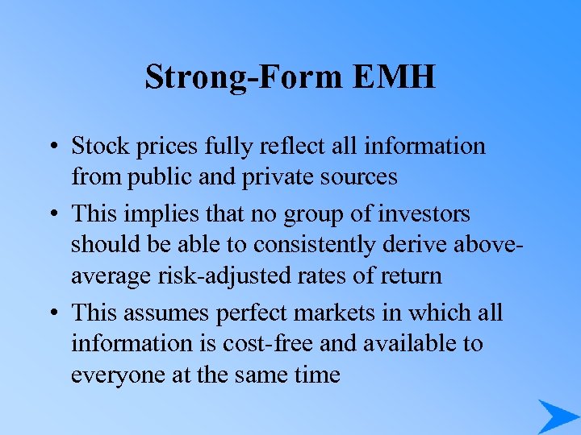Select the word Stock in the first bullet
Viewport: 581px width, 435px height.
98,146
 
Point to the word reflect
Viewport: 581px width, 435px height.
293,146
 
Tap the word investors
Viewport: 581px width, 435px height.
426,214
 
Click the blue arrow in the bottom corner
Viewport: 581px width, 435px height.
557,416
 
